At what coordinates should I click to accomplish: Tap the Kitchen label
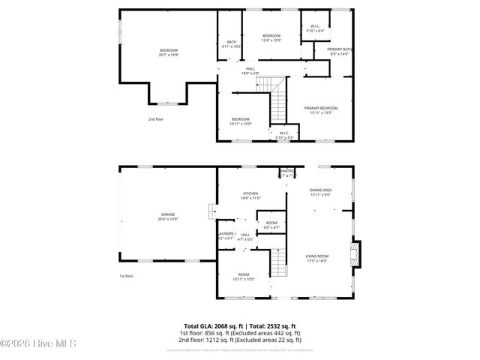250,196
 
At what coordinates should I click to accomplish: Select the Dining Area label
321,192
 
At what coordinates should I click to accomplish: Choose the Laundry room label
226,235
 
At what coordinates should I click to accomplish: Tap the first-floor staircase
279,263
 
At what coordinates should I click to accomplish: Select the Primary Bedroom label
321,110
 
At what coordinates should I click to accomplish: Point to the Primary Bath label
340,52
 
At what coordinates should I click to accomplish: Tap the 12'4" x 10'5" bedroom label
271,37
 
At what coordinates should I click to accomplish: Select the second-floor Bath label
231,43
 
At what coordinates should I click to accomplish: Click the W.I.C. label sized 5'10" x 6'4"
316,29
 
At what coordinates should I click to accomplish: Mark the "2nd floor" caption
155,119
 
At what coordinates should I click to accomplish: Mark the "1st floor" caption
126,276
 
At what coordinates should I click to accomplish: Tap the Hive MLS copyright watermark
33,344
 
